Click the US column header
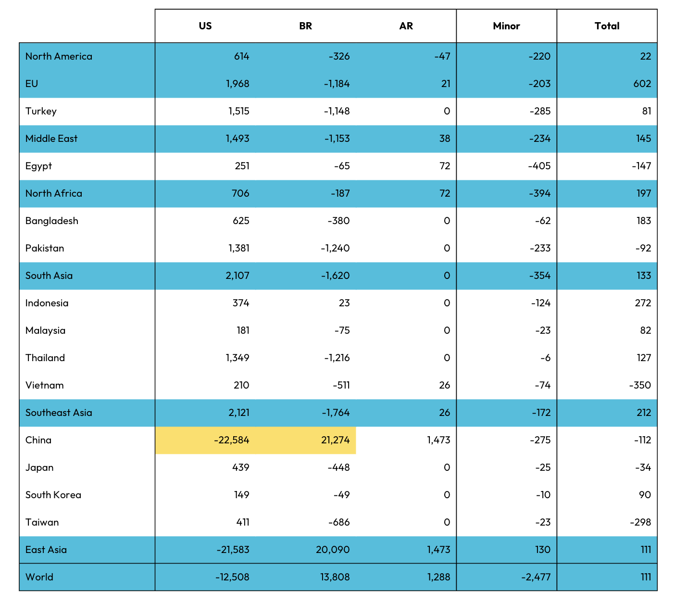[x=205, y=26]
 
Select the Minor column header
[x=506, y=26]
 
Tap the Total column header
[x=607, y=26]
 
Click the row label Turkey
[x=41, y=111]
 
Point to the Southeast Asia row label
[x=59, y=413]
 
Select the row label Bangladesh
[x=51, y=221]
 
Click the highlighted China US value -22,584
[x=232, y=440]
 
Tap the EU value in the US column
[x=237, y=84]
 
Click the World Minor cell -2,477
[x=536, y=577]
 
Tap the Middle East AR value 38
[x=445, y=138]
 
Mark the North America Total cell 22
[x=645, y=56]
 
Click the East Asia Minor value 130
[x=542, y=550]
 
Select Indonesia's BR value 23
[x=344, y=303]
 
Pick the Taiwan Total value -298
[x=640, y=522]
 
